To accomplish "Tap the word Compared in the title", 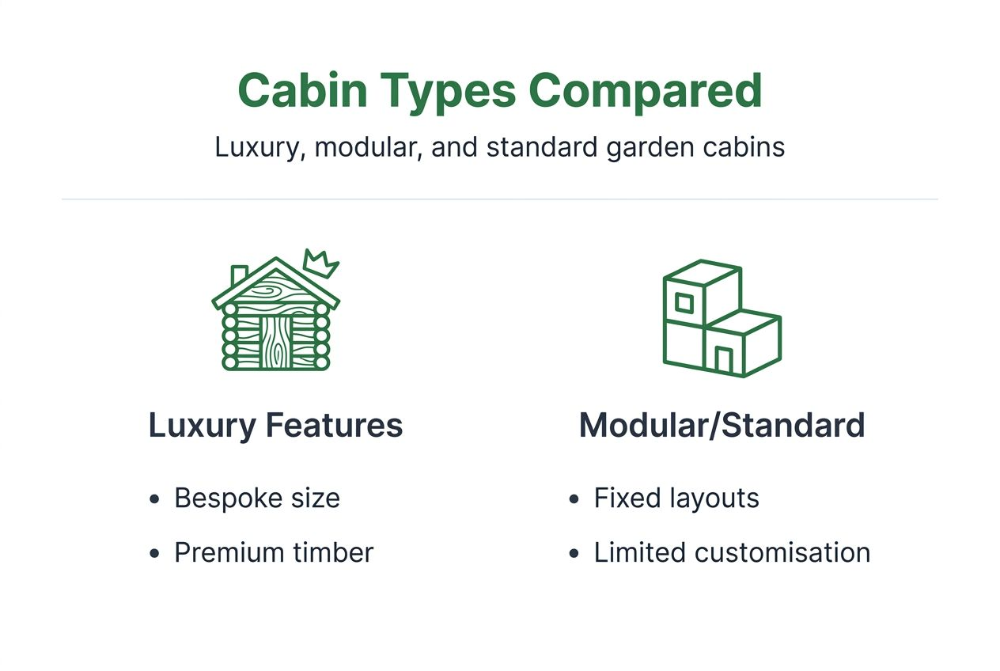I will pos(645,90).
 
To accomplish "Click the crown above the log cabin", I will pos(319,263).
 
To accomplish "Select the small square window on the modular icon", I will pos(684,302).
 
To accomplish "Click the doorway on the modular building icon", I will pos(723,360).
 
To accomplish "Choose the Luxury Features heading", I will pos(275,426).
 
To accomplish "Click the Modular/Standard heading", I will pos(722,426).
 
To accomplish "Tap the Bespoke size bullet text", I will pos(257,499).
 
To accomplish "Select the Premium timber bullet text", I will pos(274,553).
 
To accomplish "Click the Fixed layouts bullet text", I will pos(676,499).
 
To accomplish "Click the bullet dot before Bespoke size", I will pos(155,499).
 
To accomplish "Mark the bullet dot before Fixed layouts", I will pos(574,499).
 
